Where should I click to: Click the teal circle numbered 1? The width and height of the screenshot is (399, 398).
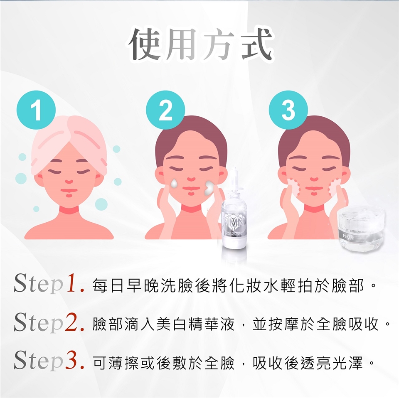(x=36, y=110)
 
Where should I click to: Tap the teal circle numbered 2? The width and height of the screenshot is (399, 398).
(x=165, y=110)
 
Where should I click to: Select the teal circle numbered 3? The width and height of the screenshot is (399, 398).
(x=288, y=110)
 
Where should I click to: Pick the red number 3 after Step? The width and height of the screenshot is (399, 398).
(x=71, y=360)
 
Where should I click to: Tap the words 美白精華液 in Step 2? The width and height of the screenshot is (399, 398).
(x=195, y=324)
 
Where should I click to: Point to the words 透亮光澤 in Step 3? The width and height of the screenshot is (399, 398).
(x=331, y=362)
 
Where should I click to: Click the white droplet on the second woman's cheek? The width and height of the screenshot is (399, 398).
(x=174, y=184)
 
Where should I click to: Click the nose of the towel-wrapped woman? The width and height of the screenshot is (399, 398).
(x=69, y=182)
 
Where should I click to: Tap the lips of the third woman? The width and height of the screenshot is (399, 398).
(x=314, y=189)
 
